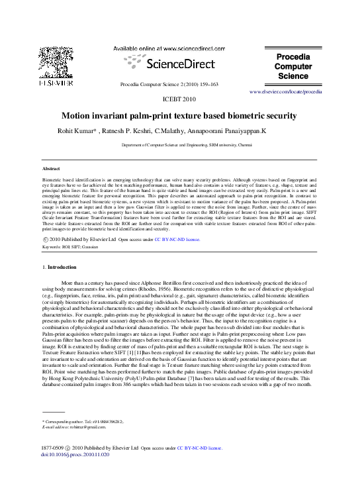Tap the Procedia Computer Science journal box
click(293, 67)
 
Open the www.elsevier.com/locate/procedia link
click(285, 91)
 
